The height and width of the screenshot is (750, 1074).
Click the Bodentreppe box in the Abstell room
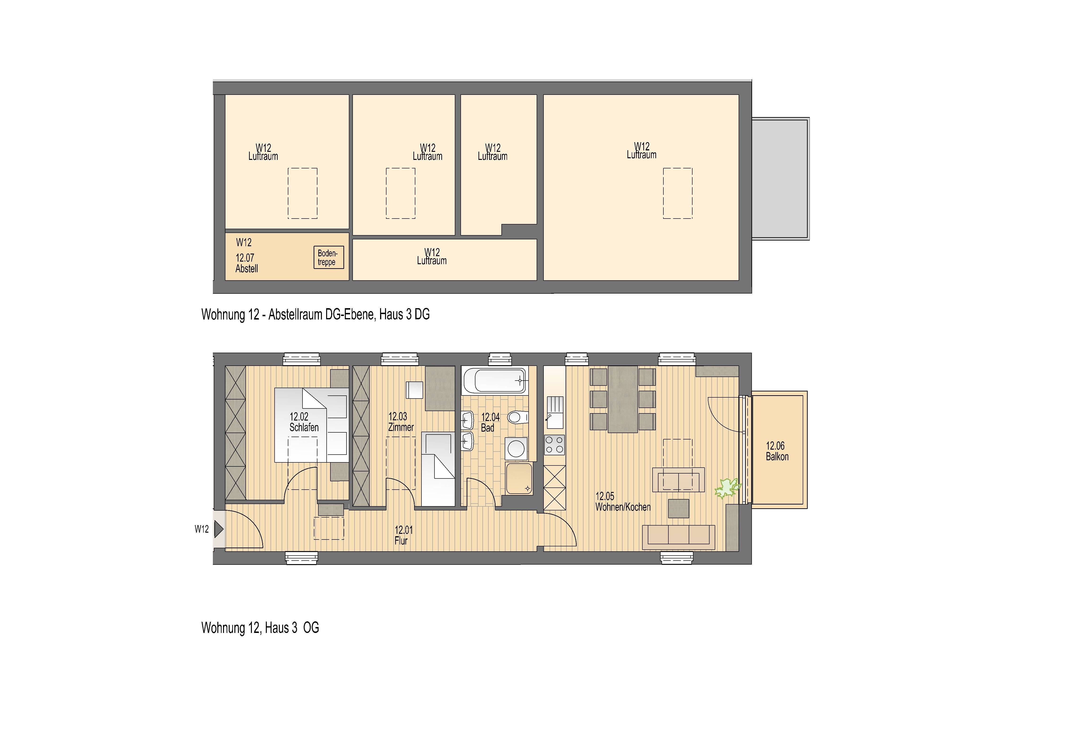pos(328,257)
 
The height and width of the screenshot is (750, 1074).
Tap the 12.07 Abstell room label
pos(246,263)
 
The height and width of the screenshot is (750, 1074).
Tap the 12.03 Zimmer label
pos(400,421)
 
